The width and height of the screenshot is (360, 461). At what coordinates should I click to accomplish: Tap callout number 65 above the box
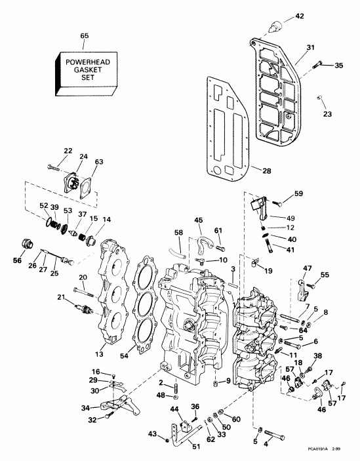tap(83, 35)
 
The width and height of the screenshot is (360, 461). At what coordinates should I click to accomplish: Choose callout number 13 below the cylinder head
tap(100, 354)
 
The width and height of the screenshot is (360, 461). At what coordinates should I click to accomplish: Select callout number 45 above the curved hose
tap(199, 220)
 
